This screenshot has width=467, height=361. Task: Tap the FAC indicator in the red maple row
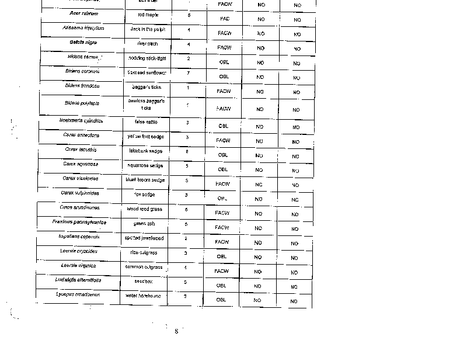(x=225, y=19)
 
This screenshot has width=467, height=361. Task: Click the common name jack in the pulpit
(x=147, y=29)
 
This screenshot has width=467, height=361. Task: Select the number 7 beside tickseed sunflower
(x=188, y=73)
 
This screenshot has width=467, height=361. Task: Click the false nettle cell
(x=147, y=122)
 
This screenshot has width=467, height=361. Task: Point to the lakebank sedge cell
(x=146, y=151)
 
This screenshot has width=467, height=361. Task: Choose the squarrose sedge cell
(x=146, y=165)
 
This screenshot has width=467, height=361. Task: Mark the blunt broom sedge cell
(x=145, y=180)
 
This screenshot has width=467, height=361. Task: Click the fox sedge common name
(x=144, y=194)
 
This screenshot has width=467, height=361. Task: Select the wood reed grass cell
(x=145, y=209)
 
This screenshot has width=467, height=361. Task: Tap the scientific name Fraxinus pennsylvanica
(x=79, y=222)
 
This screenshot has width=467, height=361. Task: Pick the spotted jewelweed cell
(x=144, y=238)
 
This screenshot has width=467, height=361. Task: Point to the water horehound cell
(x=144, y=296)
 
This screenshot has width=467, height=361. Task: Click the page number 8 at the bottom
(x=176, y=331)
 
